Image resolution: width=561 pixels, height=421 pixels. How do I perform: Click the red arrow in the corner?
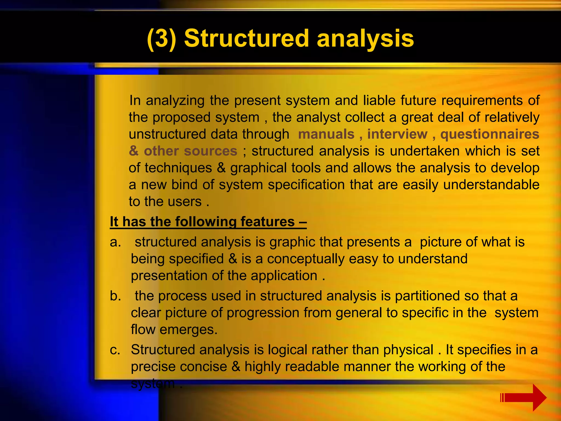(x=524, y=397)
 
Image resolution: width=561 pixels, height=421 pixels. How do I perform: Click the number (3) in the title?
(x=161, y=39)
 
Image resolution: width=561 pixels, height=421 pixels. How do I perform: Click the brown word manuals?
(x=326, y=134)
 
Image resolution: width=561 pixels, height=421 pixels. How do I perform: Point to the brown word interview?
(x=397, y=134)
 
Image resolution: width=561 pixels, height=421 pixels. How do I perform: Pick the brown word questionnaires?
(x=490, y=134)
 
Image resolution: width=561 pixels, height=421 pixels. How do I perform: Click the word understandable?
(x=491, y=185)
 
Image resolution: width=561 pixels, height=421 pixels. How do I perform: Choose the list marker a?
(x=115, y=242)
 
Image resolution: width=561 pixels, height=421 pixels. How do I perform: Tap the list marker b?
(x=115, y=296)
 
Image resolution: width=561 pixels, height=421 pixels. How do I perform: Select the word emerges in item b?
(x=188, y=330)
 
